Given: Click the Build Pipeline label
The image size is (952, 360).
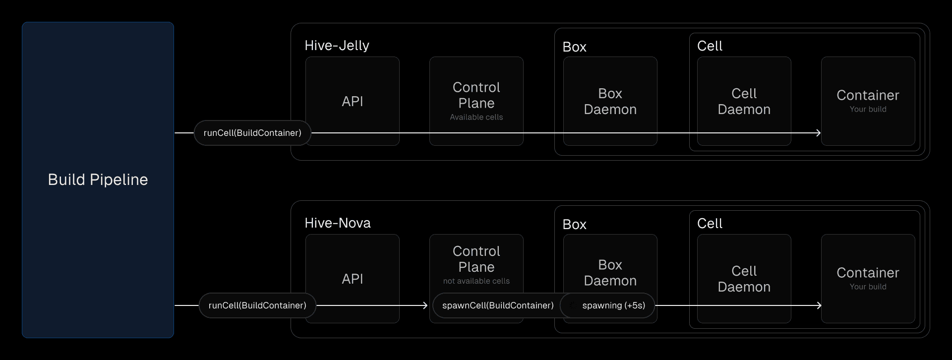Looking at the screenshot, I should point(98,180).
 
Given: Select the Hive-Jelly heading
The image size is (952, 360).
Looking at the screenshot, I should point(337,46).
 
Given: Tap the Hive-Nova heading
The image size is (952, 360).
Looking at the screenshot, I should point(337,223).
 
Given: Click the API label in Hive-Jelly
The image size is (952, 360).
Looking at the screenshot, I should point(353,102).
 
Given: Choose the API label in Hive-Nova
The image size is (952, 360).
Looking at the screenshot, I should point(353,279).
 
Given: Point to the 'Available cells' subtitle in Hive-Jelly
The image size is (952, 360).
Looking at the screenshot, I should point(476,118).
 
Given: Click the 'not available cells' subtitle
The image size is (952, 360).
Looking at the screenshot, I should point(476,281).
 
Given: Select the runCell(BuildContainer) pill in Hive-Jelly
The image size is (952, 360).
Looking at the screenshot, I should point(252,133).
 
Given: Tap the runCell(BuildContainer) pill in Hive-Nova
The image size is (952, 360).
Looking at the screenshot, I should point(257,305).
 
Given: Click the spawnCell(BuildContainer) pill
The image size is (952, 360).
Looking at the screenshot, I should point(497,305).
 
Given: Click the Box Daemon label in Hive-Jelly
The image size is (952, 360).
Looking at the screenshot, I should point(610,102).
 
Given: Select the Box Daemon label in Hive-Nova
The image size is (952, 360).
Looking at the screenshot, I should point(610,273).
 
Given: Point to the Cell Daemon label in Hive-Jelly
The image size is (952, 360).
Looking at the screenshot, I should point(744,102).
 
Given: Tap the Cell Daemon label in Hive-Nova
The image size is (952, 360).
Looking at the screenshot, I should point(744,279).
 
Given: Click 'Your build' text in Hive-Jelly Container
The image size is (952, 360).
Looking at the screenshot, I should point(868,110).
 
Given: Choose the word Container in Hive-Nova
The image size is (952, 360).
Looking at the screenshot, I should point(868,273).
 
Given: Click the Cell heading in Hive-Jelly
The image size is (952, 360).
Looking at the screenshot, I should point(710,46).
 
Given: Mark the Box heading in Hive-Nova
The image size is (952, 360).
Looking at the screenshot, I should point(574,225).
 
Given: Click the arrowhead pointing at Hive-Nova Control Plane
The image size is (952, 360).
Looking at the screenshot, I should point(425,305).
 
